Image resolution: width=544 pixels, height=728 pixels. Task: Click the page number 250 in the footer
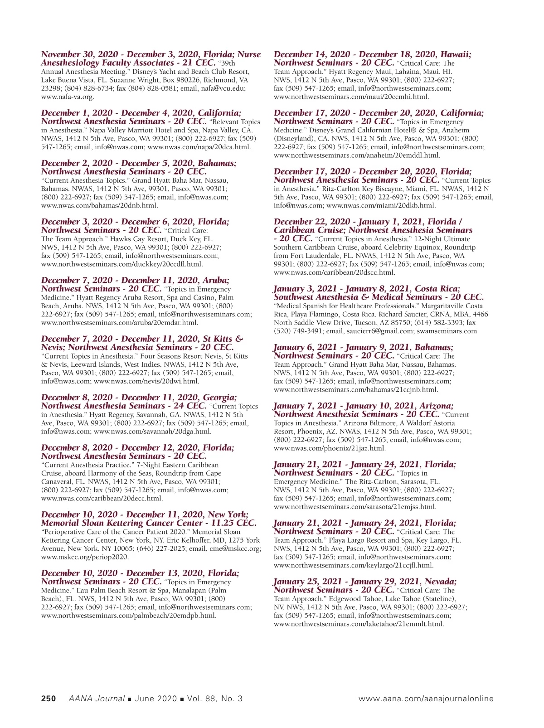pyautogui.click(x=49, y=699)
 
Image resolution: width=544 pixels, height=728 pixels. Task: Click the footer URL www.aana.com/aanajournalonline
pyautogui.click(x=426, y=699)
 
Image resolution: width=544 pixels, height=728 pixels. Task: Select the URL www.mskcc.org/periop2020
pyautogui.click(x=85, y=557)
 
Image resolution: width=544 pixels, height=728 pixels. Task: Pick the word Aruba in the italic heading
pyautogui.click(x=215, y=280)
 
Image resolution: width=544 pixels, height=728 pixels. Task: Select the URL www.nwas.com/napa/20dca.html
pyautogui.click(x=199, y=147)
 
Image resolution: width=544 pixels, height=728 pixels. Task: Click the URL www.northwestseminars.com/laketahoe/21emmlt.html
pyautogui.click(x=359, y=624)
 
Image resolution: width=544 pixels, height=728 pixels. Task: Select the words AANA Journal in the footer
pyautogui.click(x=97, y=699)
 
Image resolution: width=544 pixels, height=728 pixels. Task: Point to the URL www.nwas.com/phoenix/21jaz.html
pyautogui.click(x=330, y=448)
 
